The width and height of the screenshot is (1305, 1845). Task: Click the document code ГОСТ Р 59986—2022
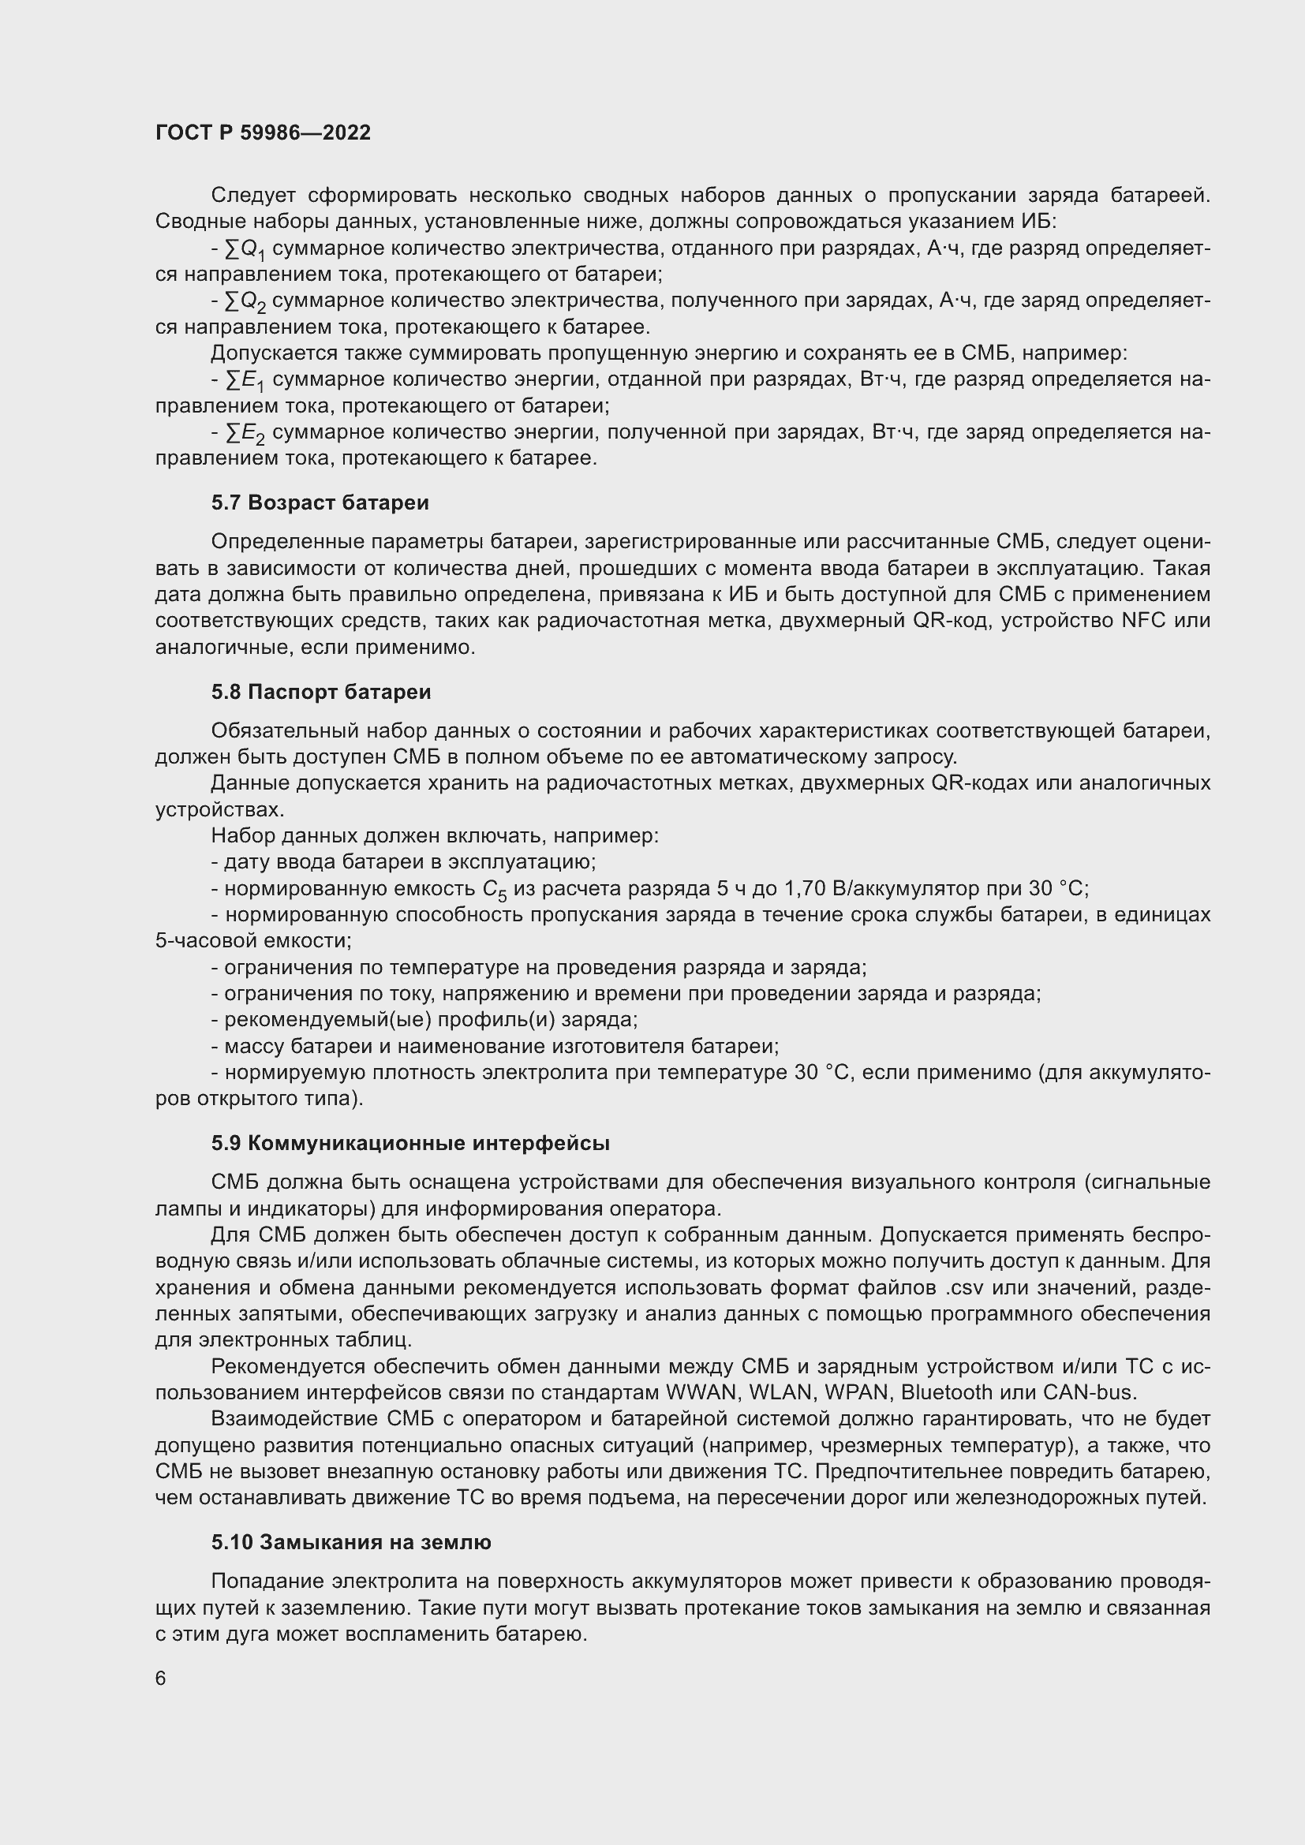point(263,133)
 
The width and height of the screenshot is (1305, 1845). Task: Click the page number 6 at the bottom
point(161,1678)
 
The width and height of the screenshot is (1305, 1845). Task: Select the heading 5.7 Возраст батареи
point(320,503)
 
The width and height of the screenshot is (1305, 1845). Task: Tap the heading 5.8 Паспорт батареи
point(320,692)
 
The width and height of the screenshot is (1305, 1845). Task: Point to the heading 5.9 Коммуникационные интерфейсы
point(409,1144)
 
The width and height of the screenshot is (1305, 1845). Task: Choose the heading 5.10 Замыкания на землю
point(350,1542)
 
